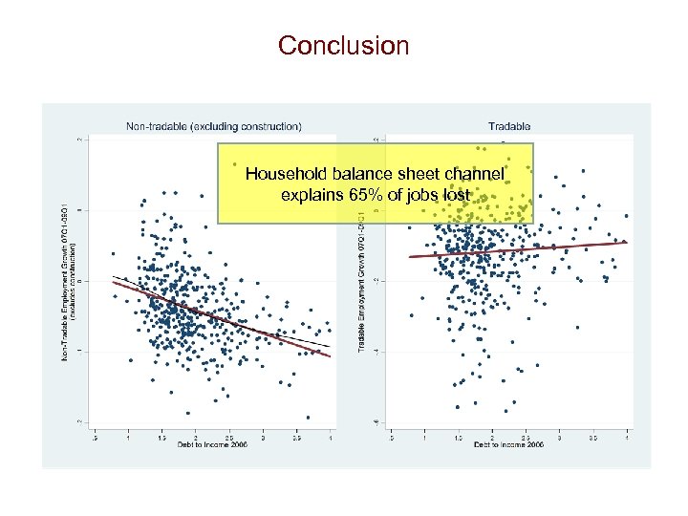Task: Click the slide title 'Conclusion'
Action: point(343,45)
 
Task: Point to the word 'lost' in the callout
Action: point(456,195)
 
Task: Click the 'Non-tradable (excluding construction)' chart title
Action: point(214,125)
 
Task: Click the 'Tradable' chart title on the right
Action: point(508,125)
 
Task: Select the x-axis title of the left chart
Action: point(211,445)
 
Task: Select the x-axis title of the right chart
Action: point(508,445)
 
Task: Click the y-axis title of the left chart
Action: point(70,281)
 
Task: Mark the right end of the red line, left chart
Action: point(331,356)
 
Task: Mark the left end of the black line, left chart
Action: point(113,276)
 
